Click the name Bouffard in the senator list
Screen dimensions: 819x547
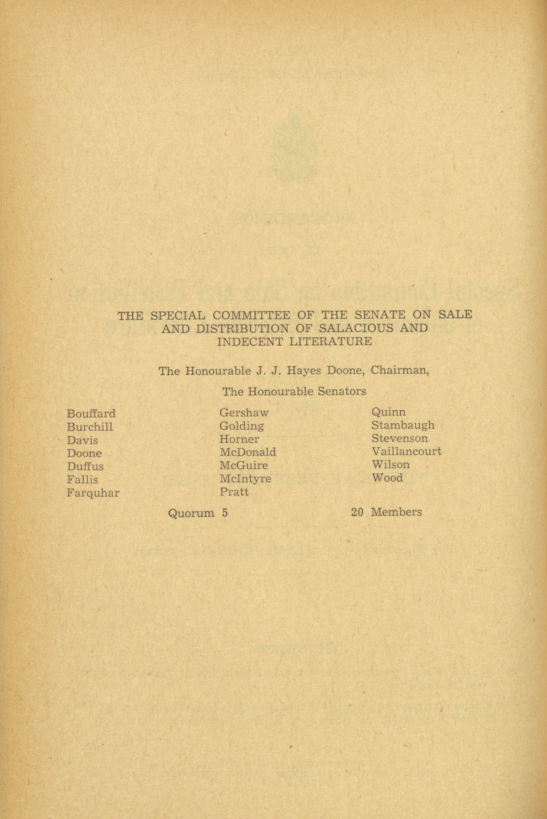(x=91, y=414)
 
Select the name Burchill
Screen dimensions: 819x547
(x=90, y=427)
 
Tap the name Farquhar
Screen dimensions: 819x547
(x=93, y=493)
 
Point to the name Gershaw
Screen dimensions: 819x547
(x=244, y=413)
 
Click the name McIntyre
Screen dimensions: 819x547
(x=245, y=479)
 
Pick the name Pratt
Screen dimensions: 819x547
(x=234, y=492)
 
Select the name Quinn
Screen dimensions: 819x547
(x=388, y=412)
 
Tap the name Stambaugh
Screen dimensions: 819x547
(x=403, y=425)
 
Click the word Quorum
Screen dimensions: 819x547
(x=191, y=513)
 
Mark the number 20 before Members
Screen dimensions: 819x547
(x=357, y=512)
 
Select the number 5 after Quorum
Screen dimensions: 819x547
(x=225, y=513)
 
